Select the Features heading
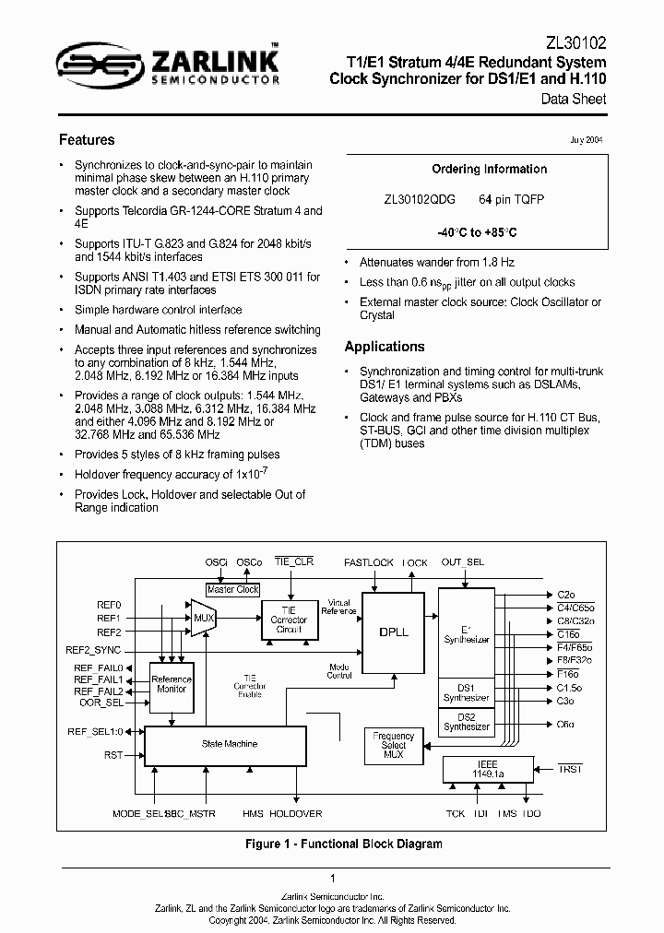pyautogui.click(x=87, y=140)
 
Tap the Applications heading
pyautogui.click(x=385, y=347)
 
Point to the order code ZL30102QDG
pyautogui.click(x=419, y=200)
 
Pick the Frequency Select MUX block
pyautogui.click(x=394, y=746)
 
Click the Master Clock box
pyautogui.click(x=233, y=589)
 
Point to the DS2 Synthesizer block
pyautogui.click(x=467, y=721)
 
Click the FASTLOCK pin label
pyautogui.click(x=368, y=561)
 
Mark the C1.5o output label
pyautogui.click(x=569, y=687)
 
